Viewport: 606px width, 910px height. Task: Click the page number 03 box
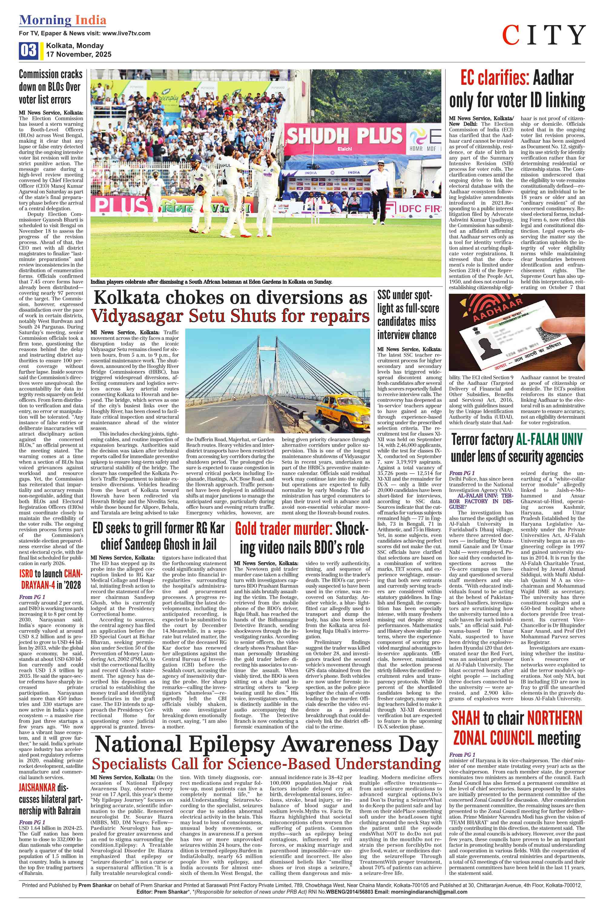click(x=28, y=51)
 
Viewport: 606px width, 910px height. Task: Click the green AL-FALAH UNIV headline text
click(x=549, y=439)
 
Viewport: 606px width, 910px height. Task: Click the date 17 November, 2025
click(x=78, y=55)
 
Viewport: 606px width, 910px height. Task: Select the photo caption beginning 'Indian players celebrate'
click(x=211, y=282)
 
